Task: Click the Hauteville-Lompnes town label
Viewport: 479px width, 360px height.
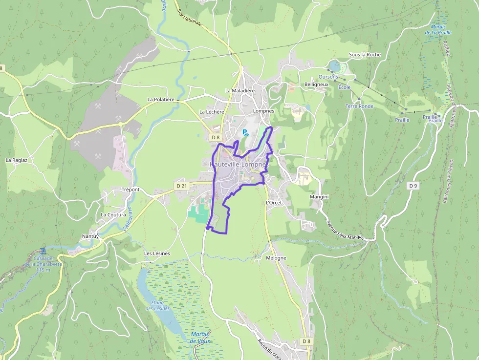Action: (x=239, y=165)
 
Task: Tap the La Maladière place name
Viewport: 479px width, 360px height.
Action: (x=240, y=90)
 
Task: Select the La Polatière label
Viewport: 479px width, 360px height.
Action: (x=161, y=99)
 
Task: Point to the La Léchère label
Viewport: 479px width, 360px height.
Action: (x=212, y=112)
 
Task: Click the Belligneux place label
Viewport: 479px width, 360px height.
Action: (x=316, y=85)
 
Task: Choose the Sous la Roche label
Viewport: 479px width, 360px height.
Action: (x=365, y=55)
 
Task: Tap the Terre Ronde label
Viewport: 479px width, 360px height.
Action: (x=359, y=106)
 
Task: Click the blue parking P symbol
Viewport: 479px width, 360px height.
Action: (x=245, y=132)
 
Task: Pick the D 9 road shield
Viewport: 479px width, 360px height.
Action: (x=414, y=186)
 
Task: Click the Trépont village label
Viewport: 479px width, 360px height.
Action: (x=131, y=190)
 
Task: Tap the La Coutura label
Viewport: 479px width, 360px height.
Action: (x=113, y=214)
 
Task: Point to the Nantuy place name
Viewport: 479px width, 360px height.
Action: (x=90, y=236)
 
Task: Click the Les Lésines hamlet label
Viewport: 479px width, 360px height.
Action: (x=157, y=254)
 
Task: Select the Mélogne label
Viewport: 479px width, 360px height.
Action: (x=276, y=257)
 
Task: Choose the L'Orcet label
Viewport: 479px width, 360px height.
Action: (x=274, y=202)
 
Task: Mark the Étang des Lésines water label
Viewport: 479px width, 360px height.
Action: (x=157, y=305)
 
